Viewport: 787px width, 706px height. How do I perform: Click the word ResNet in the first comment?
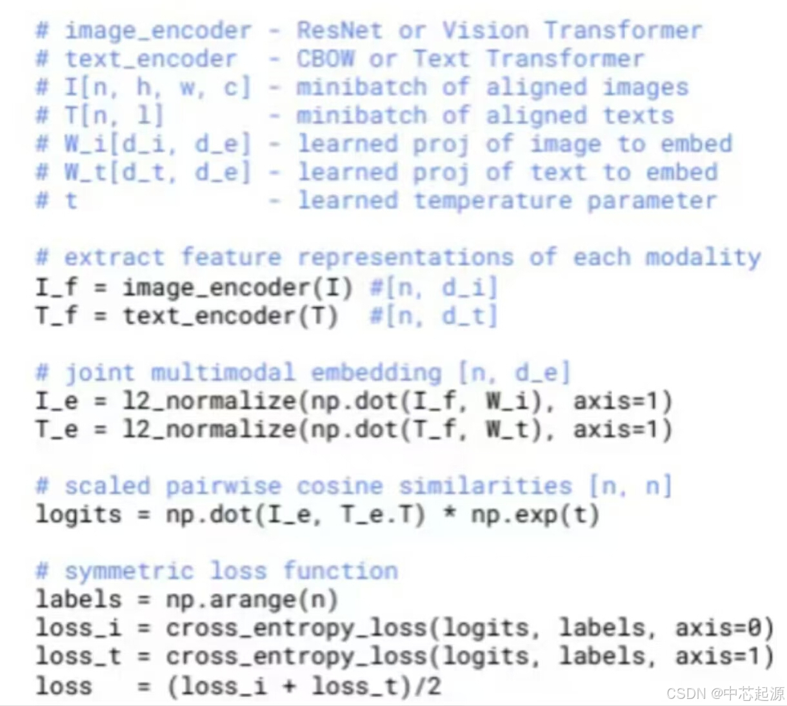coord(339,30)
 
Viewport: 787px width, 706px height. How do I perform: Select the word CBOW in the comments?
coord(325,59)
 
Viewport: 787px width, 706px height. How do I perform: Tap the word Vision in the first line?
coord(485,30)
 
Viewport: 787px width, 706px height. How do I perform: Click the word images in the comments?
coord(646,87)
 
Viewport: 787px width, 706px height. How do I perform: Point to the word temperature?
coord(493,201)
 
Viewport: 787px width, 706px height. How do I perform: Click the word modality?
coord(703,257)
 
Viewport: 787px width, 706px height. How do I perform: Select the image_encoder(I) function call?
coord(238,288)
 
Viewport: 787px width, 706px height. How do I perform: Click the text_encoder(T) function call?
coord(230,316)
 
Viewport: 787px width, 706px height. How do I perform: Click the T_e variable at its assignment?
coord(57,429)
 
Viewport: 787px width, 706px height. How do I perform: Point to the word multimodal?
coord(223,373)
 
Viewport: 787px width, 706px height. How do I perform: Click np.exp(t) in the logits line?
coord(535,515)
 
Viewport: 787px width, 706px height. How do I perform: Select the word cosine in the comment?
coord(339,486)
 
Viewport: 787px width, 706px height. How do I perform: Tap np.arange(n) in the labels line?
coord(252,600)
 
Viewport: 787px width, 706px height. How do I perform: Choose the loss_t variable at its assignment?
coord(78,656)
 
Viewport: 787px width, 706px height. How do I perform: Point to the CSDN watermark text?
coord(725,694)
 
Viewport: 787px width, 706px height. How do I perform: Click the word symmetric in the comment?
coord(128,571)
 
